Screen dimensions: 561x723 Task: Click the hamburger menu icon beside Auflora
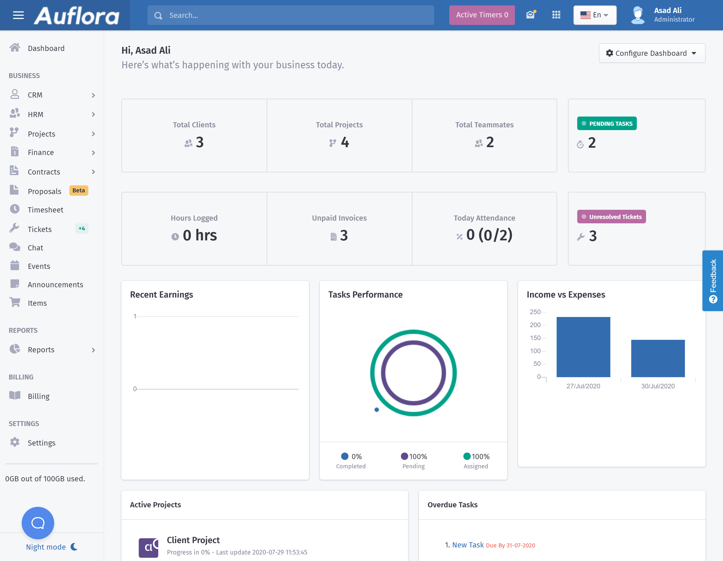click(18, 15)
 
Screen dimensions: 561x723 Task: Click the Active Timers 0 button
click(482, 15)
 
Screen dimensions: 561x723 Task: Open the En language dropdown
click(595, 15)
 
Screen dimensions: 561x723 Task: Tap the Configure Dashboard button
click(651, 53)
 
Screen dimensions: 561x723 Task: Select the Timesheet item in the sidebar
click(45, 210)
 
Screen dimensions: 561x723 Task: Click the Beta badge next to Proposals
click(79, 191)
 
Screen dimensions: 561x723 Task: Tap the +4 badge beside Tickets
click(82, 228)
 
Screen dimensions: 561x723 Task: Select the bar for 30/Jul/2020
click(657, 358)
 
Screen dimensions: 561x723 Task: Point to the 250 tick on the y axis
click(535, 312)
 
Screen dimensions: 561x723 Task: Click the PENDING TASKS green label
click(606, 124)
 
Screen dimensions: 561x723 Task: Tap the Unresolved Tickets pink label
click(611, 217)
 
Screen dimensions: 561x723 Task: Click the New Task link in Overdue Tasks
click(468, 545)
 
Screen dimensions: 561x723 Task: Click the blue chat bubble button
click(38, 523)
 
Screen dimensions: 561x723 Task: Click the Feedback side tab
click(713, 280)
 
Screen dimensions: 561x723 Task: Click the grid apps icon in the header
click(556, 15)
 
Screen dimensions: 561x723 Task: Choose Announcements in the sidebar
click(55, 285)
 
